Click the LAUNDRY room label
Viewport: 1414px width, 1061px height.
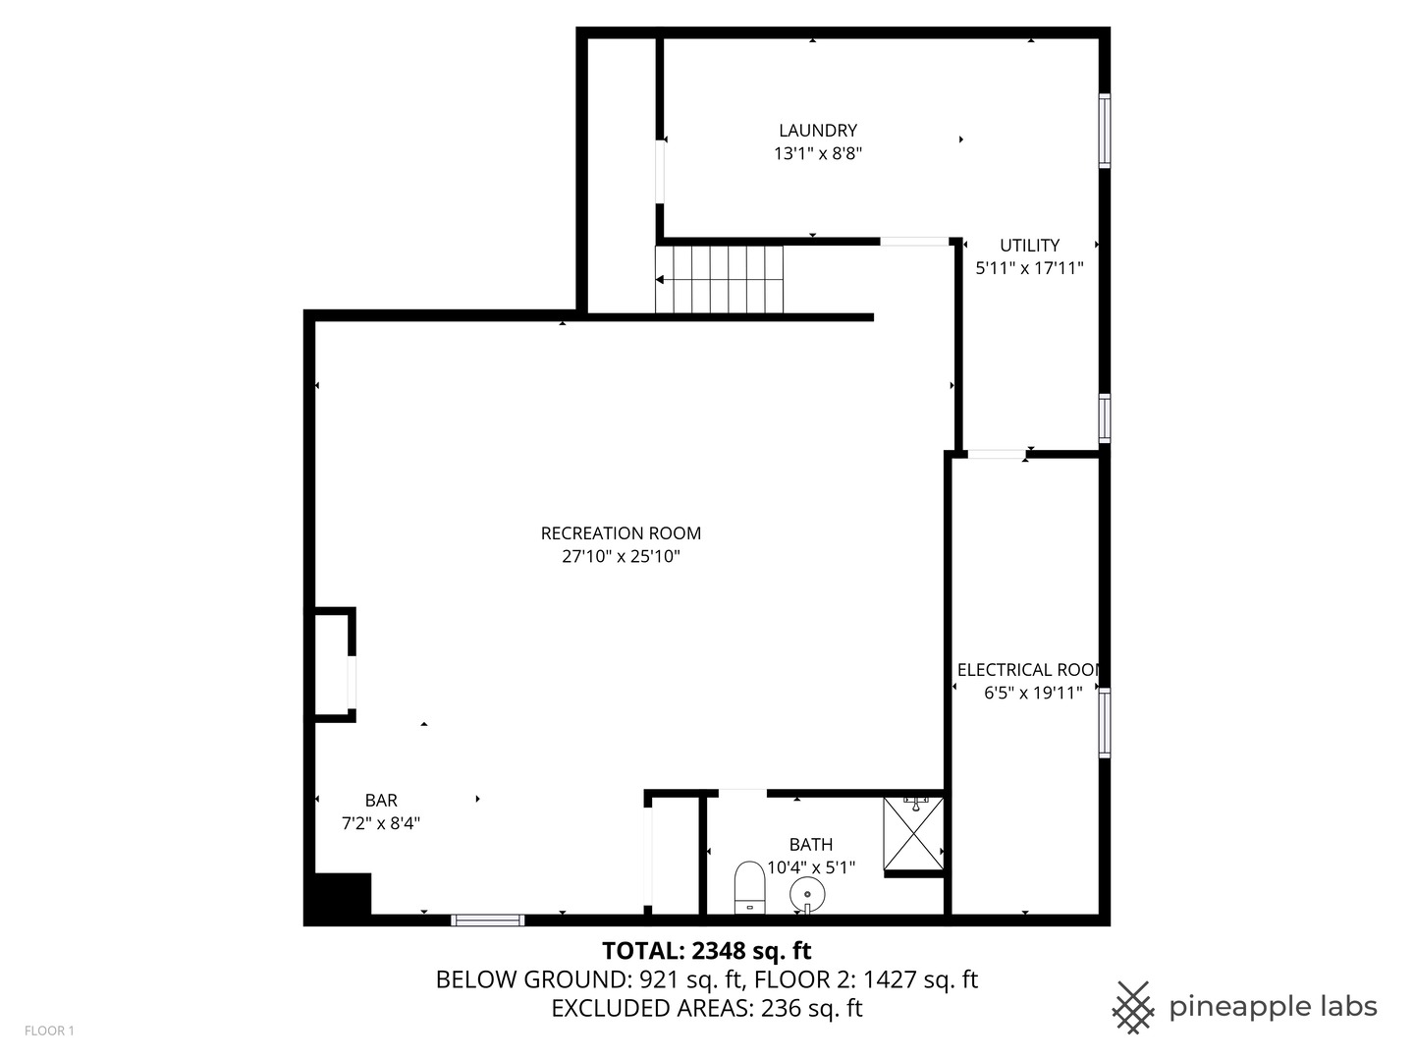(817, 131)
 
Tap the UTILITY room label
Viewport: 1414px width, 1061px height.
(1029, 246)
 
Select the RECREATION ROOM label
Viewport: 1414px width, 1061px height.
(621, 533)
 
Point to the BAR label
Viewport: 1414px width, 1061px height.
(381, 801)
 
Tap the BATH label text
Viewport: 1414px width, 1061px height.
(811, 845)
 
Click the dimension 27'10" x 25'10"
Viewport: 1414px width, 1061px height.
(621, 557)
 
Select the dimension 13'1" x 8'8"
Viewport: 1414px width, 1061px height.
(817, 154)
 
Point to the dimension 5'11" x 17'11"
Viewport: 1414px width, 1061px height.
(1029, 268)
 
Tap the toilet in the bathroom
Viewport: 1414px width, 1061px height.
(750, 887)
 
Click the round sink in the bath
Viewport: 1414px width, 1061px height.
(807, 894)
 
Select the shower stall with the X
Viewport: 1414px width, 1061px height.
(913, 834)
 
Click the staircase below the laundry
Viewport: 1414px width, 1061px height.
(720, 279)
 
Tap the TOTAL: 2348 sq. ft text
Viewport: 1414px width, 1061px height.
(706, 951)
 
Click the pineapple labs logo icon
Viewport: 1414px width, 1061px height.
(1132, 1007)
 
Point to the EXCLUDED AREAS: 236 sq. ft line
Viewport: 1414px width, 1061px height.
(706, 1009)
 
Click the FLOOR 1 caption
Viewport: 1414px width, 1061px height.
(49, 1031)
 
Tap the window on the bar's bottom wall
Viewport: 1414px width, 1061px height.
(487, 921)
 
